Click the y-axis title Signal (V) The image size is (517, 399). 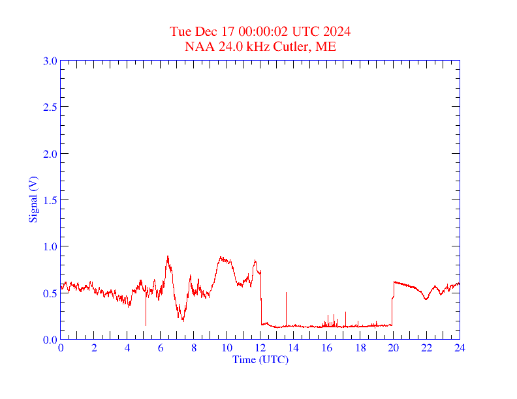pyautogui.click(x=33, y=199)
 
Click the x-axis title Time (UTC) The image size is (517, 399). pyautogui.click(x=260, y=359)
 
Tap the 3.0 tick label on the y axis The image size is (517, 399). pyautogui.click(x=50, y=61)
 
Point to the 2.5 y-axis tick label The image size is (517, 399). pyautogui.click(x=50, y=107)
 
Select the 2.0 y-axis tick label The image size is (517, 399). pyautogui.click(x=50, y=154)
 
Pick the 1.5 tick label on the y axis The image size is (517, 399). pyautogui.click(x=50, y=200)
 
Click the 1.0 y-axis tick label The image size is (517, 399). pyautogui.click(x=50, y=246)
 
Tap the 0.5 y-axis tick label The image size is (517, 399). pyautogui.click(x=50, y=293)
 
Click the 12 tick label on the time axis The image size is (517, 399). pyautogui.click(x=260, y=348)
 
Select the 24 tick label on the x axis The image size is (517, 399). pyautogui.click(x=460, y=348)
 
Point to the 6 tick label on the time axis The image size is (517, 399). pyautogui.click(x=161, y=348)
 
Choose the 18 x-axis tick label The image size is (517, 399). pyautogui.click(x=360, y=348)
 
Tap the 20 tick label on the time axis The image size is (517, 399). pyautogui.click(x=393, y=348)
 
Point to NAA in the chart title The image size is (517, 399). pyautogui.click(x=198, y=46)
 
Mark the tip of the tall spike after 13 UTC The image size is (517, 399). pyautogui.click(x=286, y=293)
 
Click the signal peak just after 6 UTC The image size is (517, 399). pyautogui.click(x=168, y=256)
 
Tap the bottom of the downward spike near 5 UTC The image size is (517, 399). pyautogui.click(x=146, y=325)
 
